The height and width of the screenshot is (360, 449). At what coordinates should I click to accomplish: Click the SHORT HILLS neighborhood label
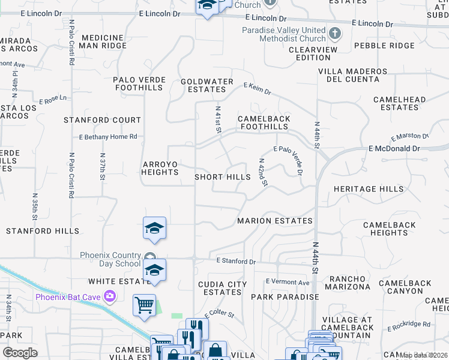(x=223, y=177)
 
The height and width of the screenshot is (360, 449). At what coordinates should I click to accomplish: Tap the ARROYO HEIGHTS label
(x=160, y=168)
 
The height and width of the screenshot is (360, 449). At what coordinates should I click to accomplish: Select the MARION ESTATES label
(x=275, y=221)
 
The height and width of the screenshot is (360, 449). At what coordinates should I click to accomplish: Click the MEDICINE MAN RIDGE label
(x=103, y=41)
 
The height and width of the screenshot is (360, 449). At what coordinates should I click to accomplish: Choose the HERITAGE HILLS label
(x=369, y=189)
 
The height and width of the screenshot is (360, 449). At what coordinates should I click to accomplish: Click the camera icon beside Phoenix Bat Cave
(x=110, y=296)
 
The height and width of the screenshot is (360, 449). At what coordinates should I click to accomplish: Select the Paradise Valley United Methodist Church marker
(x=335, y=32)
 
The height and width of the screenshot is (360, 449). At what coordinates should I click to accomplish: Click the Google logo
(x=20, y=352)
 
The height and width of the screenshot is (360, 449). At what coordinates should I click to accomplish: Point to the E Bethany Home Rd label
(x=109, y=137)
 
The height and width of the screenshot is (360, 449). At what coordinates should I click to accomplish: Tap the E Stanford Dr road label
(x=236, y=262)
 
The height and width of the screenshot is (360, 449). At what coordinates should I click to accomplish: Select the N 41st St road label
(x=218, y=120)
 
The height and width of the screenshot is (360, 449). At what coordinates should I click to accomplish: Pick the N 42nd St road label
(x=262, y=172)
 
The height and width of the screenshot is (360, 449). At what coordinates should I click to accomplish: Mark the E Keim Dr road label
(x=258, y=89)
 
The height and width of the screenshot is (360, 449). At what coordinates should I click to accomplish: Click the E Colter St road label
(x=218, y=314)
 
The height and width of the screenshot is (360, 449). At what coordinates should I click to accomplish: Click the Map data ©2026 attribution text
(x=424, y=355)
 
